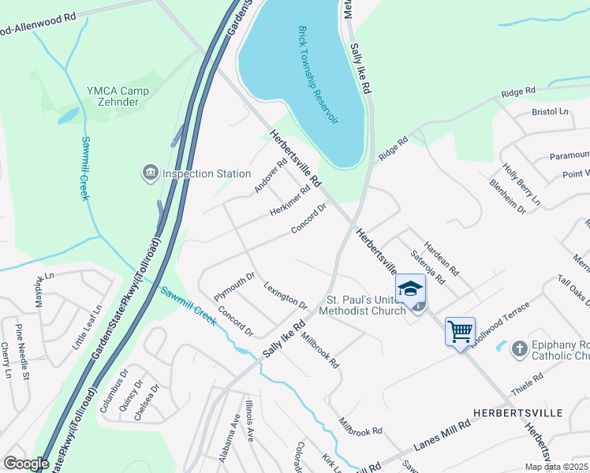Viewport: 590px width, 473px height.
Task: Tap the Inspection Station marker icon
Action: [148, 173]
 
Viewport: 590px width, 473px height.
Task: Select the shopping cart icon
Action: [460, 331]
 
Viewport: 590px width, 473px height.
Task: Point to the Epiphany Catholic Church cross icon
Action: [519, 348]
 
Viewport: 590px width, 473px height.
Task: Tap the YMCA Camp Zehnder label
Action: [118, 96]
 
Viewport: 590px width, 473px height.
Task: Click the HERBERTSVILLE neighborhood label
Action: [517, 413]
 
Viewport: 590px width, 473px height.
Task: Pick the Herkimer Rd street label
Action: [290, 201]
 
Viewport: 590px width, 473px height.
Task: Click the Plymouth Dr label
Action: [235, 285]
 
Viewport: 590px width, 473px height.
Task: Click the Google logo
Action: [26, 464]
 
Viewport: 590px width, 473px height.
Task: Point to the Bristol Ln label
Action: [550, 113]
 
